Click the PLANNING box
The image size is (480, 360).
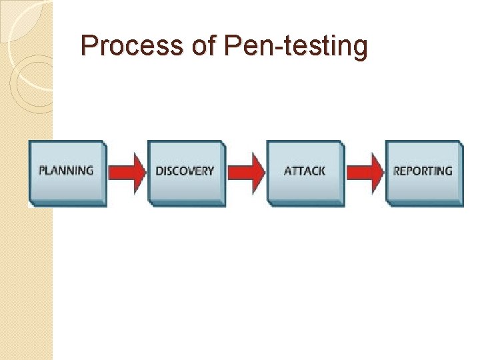67,172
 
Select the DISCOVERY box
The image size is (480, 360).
185,172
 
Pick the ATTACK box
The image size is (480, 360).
305,172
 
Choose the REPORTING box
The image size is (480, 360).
424,172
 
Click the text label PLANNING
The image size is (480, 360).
66,170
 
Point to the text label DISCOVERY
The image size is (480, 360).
185,171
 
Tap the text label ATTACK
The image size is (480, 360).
305,171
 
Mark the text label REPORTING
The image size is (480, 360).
423,171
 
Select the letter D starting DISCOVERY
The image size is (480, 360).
159,171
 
